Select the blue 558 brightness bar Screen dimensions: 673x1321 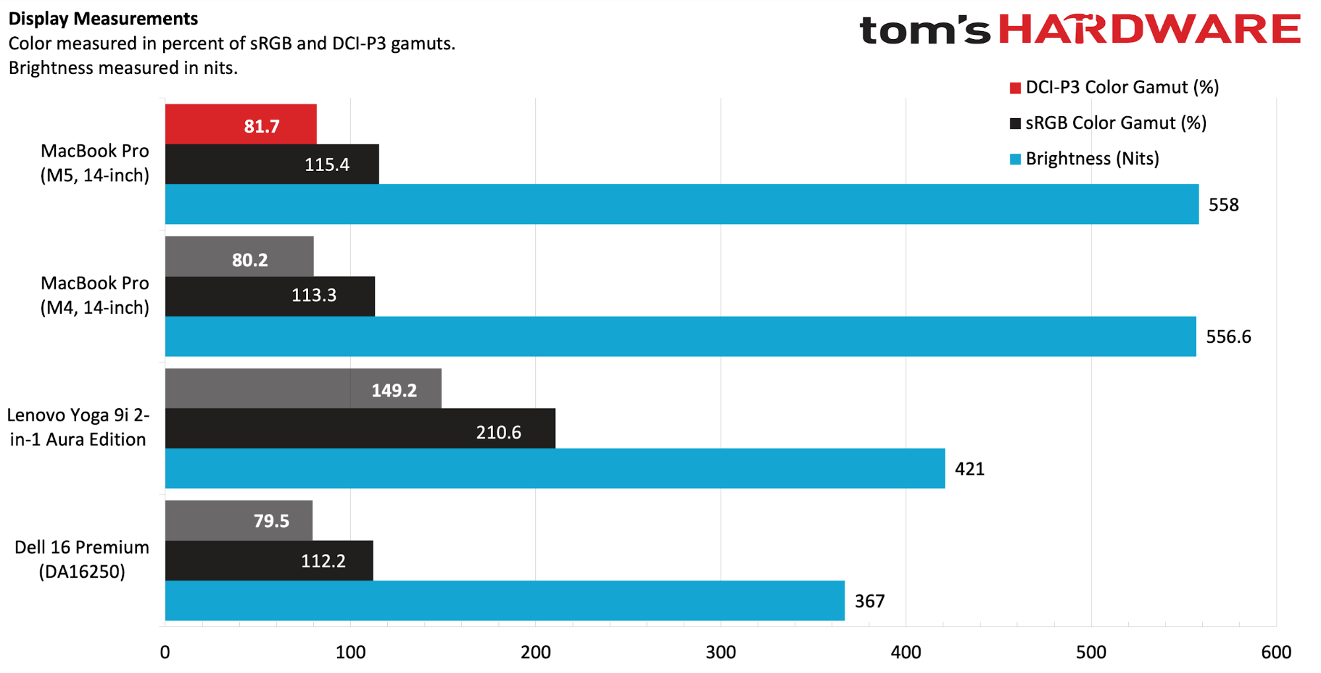click(681, 204)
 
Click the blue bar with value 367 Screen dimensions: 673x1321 click(504, 600)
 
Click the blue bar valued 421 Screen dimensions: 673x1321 click(554, 468)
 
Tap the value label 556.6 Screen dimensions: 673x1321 click(1228, 337)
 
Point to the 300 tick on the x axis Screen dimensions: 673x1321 click(720, 653)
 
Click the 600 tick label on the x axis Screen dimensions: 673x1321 click(1275, 653)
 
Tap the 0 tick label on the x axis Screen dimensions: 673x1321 click(165, 653)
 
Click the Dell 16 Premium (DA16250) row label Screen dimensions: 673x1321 click(82, 559)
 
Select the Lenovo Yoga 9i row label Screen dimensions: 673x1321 click(78, 427)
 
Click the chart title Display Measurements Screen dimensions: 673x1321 click(103, 18)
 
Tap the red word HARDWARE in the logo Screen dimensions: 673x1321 click(1149, 29)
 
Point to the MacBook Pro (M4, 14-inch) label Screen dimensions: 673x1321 click(94, 295)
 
